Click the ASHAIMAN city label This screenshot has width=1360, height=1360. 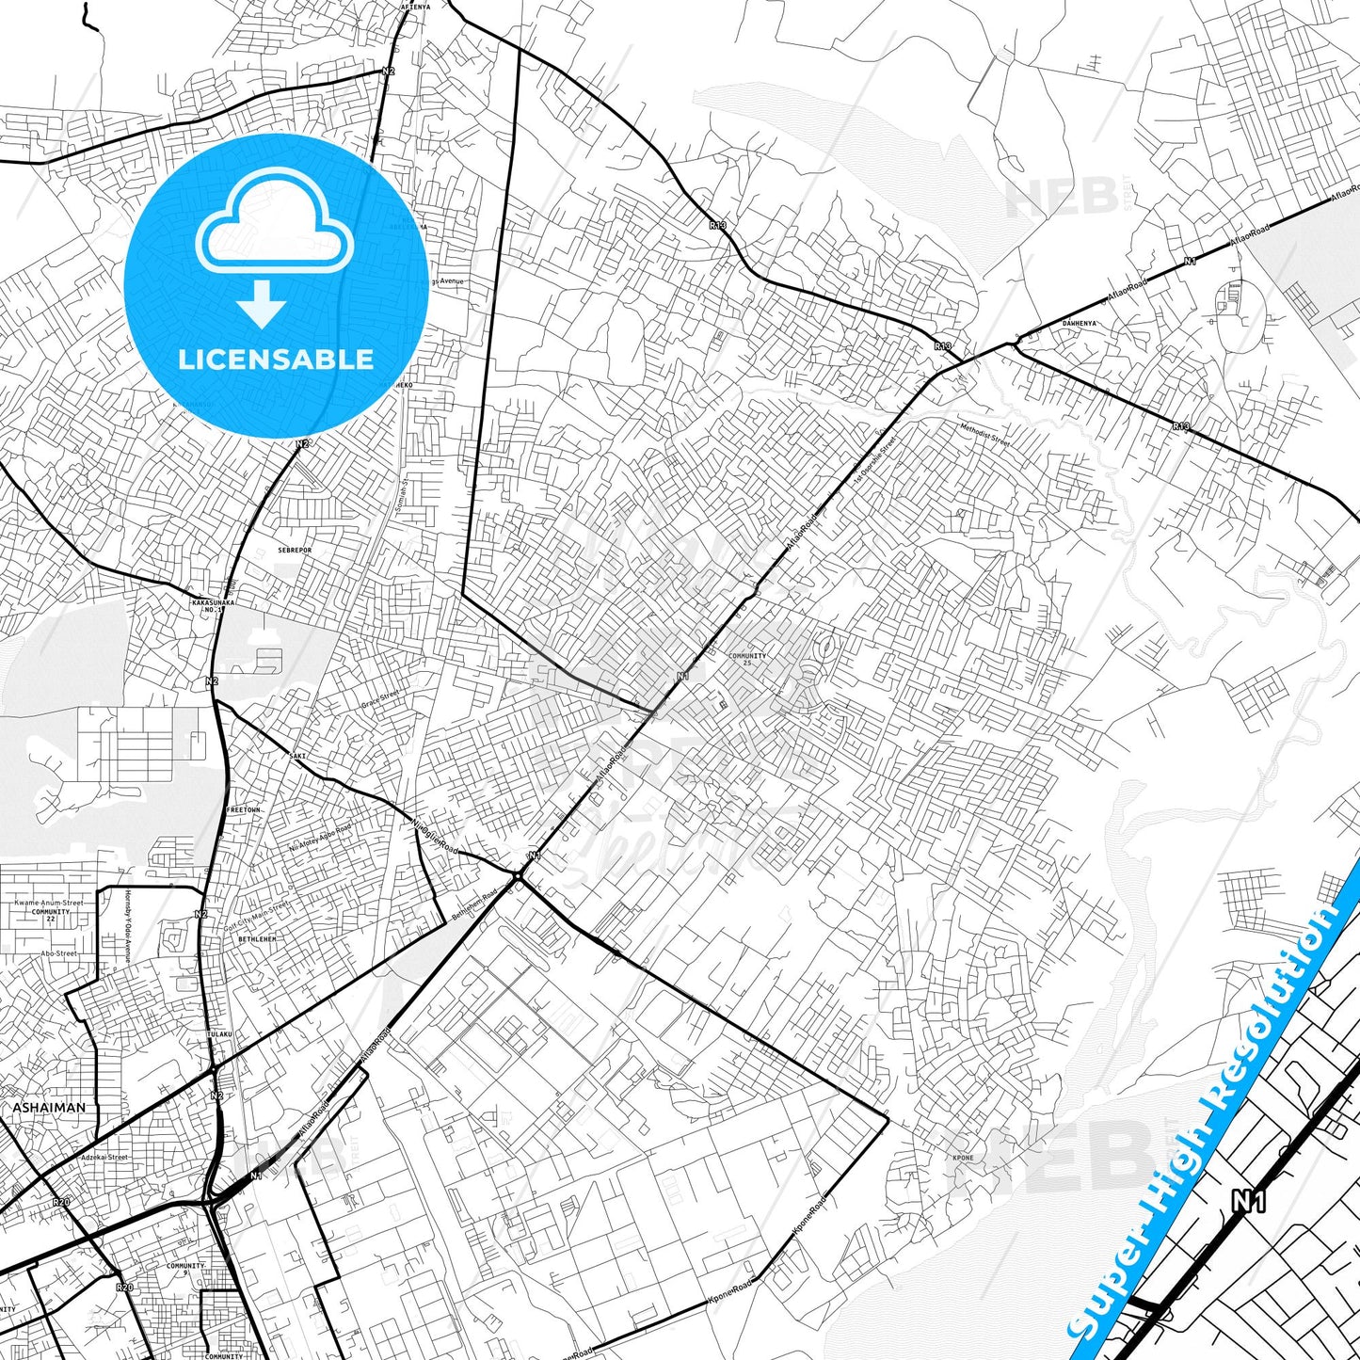[48, 1108]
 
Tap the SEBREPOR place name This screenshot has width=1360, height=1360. [295, 550]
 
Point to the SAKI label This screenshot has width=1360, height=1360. [297, 755]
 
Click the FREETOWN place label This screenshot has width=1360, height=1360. [244, 809]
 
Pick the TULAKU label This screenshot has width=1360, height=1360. [219, 1033]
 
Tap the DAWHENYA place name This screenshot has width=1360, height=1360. [1079, 323]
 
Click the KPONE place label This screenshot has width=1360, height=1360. [963, 1157]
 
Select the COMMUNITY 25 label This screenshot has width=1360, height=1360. [747, 659]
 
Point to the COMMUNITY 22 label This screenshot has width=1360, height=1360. [50, 915]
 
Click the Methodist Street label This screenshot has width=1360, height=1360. [984, 434]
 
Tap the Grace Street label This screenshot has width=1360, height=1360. [380, 699]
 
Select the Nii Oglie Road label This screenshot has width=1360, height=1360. [434, 834]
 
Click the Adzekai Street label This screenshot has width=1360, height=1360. [104, 1157]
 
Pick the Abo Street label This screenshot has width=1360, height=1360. [58, 953]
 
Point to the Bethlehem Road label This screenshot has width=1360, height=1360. [474, 905]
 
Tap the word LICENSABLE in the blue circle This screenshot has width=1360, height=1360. [276, 359]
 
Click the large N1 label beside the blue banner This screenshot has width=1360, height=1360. [1248, 1200]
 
